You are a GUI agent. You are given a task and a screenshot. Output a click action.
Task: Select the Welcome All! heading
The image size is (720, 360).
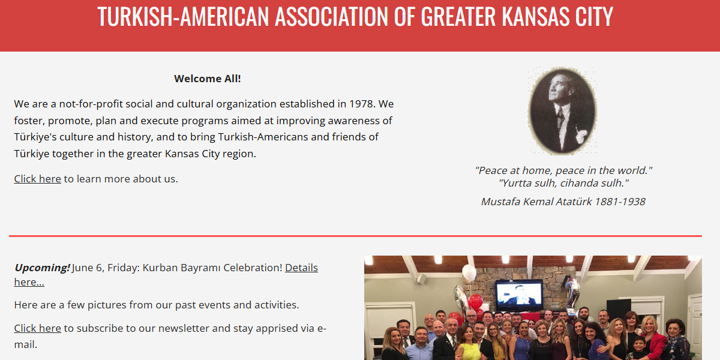[208, 79]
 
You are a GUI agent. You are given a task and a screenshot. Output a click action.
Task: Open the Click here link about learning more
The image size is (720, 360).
[37, 179]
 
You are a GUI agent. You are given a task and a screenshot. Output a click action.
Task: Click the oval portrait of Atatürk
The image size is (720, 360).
[562, 110]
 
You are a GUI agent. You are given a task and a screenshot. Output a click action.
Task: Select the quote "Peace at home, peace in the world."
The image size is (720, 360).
[563, 170]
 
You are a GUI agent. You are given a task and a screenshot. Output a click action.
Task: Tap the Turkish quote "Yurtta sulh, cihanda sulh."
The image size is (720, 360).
[563, 184]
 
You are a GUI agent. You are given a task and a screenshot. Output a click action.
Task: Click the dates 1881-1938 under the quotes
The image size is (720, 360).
[620, 202]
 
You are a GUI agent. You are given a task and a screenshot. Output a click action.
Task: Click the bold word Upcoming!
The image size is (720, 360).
[42, 268]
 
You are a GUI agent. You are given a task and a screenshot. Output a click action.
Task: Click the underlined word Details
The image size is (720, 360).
[301, 268]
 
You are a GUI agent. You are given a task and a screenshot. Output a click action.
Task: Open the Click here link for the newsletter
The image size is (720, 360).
[37, 328]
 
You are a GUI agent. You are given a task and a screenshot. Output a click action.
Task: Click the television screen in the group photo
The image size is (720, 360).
[519, 295]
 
